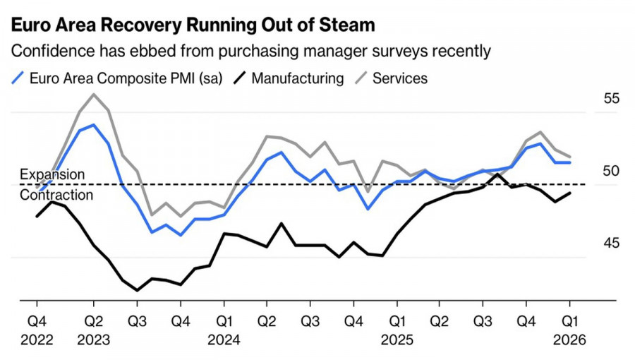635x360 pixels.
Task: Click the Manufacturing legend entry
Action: pyautogui.click(x=289, y=78)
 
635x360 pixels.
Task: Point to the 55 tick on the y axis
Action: pyautogui.click(x=611, y=99)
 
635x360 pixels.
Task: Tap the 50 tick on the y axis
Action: pyautogui.click(x=611, y=171)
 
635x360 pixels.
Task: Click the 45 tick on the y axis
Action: pyautogui.click(x=611, y=244)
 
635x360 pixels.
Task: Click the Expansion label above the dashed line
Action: pyautogui.click(x=52, y=174)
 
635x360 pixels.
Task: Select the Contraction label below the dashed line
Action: pyautogui.click(x=56, y=195)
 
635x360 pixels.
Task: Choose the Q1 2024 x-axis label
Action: pyautogui.click(x=224, y=330)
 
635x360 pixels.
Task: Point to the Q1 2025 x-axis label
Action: pyautogui.click(x=397, y=330)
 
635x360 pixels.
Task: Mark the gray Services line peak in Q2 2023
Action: pyautogui.click(x=94, y=94)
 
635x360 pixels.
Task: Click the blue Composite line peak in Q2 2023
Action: pyautogui.click(x=94, y=125)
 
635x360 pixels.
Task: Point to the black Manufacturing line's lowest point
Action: pyautogui.click(x=137, y=290)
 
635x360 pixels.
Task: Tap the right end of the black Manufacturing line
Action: pyautogui.click(x=570, y=193)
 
